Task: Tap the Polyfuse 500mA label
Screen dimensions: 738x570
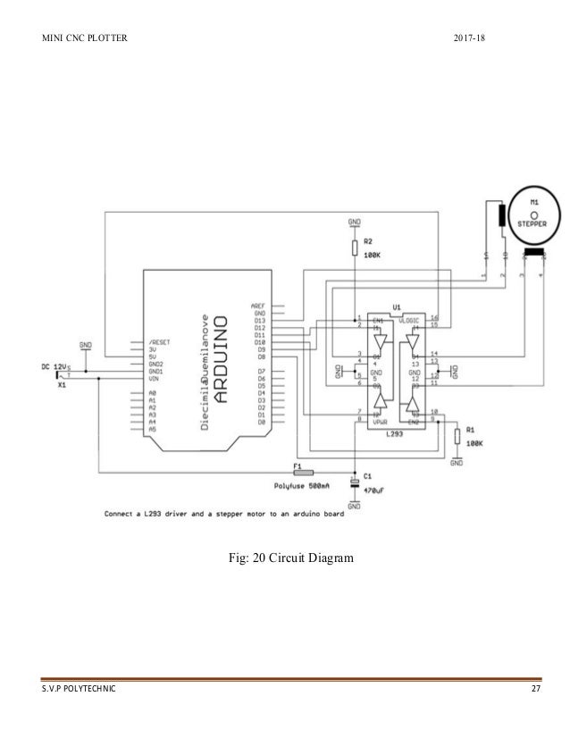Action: [304, 486]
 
